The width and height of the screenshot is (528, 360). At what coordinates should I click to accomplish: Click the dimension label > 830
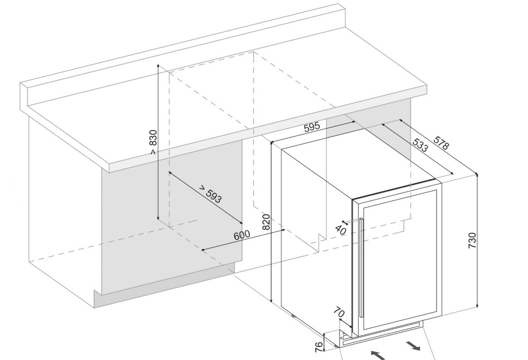coord(153,142)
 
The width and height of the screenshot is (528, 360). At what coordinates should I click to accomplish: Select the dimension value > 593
coord(210,194)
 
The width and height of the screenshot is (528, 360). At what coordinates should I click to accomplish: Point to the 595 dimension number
coord(312,127)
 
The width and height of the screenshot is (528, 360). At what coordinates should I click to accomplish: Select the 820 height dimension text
coord(266,222)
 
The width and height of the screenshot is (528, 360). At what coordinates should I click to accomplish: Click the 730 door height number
coord(472,240)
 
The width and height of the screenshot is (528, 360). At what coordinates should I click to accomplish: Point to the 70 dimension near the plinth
coord(339,312)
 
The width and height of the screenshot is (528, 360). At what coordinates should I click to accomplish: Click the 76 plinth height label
coord(319,346)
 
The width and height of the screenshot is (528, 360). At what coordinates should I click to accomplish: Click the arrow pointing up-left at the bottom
coord(378,354)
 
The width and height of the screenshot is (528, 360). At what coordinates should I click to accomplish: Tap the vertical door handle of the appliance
coord(361,267)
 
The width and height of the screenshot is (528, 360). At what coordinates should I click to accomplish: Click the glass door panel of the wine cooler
coord(399,258)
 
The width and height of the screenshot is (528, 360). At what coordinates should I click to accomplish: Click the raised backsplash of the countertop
coord(181,50)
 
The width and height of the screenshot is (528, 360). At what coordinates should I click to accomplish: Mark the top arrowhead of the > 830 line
coord(158,66)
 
